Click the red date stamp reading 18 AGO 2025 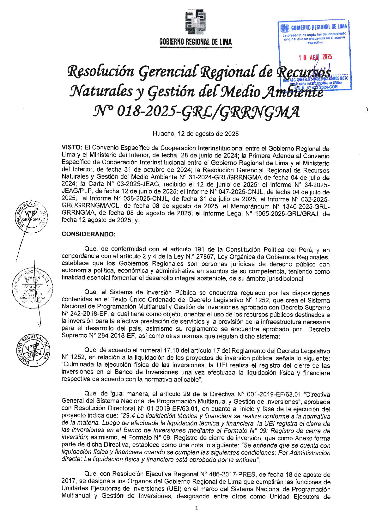[315, 57]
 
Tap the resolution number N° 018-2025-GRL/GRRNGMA [196, 111]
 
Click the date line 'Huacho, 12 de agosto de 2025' [196, 134]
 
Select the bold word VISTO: [72, 148]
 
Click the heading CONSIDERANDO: [88, 234]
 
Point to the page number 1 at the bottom [197, 508]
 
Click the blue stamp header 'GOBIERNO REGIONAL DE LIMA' [318, 27]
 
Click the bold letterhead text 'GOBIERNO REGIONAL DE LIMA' [196, 42]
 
